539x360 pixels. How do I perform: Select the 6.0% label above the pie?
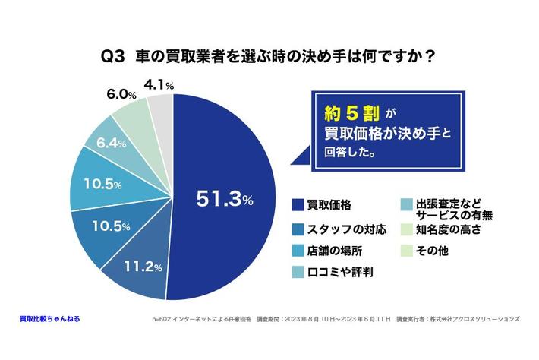(121, 95)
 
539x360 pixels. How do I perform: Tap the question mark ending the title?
(430, 56)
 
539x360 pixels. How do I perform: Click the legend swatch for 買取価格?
(298, 205)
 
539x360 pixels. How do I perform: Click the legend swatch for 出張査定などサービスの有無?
(406, 205)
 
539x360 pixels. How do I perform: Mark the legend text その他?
(433, 250)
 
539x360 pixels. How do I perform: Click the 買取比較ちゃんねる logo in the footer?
(49, 319)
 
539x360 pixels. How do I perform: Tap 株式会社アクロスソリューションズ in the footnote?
(480, 320)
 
